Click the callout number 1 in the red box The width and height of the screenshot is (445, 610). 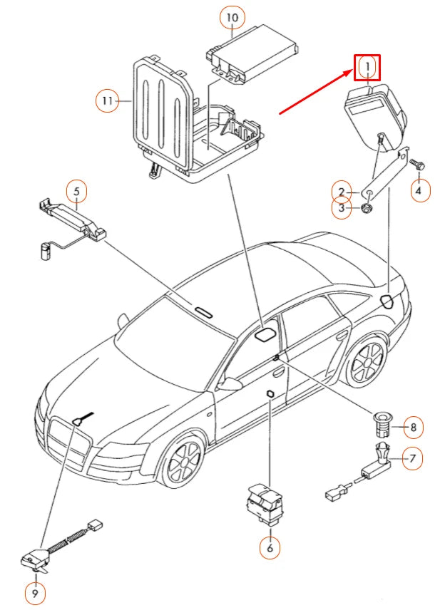click(367, 68)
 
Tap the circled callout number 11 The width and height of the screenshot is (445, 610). click(108, 101)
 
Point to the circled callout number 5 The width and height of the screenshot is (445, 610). click(76, 190)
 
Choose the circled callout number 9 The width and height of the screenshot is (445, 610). click(34, 591)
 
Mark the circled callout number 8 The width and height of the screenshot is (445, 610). click(412, 428)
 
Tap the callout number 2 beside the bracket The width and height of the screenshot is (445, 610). click(342, 192)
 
